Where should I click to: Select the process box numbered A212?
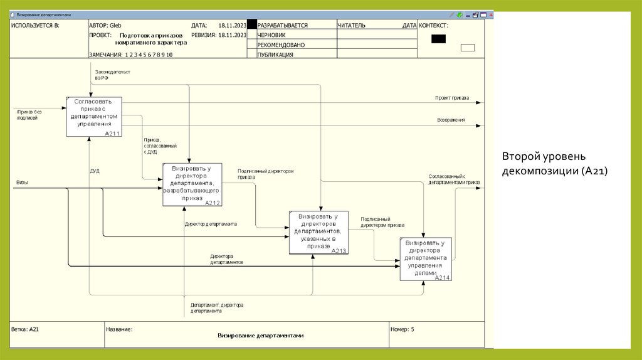(x=191, y=184)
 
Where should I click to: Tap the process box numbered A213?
(x=318, y=232)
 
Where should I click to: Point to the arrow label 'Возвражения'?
(x=451, y=120)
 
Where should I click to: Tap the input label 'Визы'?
(x=22, y=183)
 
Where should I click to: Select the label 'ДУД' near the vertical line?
(x=95, y=171)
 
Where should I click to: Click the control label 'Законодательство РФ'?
(x=112, y=75)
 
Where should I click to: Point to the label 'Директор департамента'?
(x=211, y=224)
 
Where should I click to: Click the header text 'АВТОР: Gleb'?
(x=105, y=25)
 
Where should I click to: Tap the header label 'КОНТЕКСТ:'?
(x=433, y=25)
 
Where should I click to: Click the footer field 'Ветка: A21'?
(x=26, y=329)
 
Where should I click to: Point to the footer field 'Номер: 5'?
(x=402, y=329)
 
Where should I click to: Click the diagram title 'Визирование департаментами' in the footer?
(x=260, y=336)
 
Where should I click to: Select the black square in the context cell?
(x=438, y=39)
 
